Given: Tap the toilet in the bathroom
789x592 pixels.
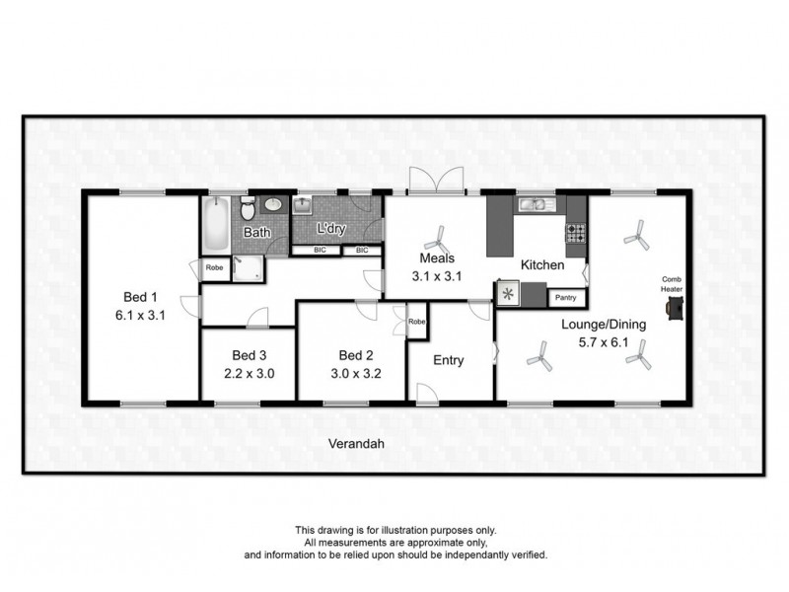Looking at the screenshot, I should [249, 208].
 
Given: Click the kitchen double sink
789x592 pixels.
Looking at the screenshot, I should [535, 206].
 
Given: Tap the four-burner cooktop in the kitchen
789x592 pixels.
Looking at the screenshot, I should [574, 234].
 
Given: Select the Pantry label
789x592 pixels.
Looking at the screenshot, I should [566, 296].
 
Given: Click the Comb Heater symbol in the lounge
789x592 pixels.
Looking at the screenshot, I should [675, 308].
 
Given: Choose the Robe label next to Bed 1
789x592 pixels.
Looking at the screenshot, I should [213, 267].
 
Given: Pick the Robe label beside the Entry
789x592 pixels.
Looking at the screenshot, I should [417, 322].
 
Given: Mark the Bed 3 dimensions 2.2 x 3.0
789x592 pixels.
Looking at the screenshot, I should [250, 373].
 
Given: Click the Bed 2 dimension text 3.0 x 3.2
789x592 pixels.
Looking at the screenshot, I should [355, 373].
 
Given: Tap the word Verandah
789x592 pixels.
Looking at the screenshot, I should [356, 444].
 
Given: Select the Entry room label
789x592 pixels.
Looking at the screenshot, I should [450, 360].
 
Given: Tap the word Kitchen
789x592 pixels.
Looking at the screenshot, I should [542, 265].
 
